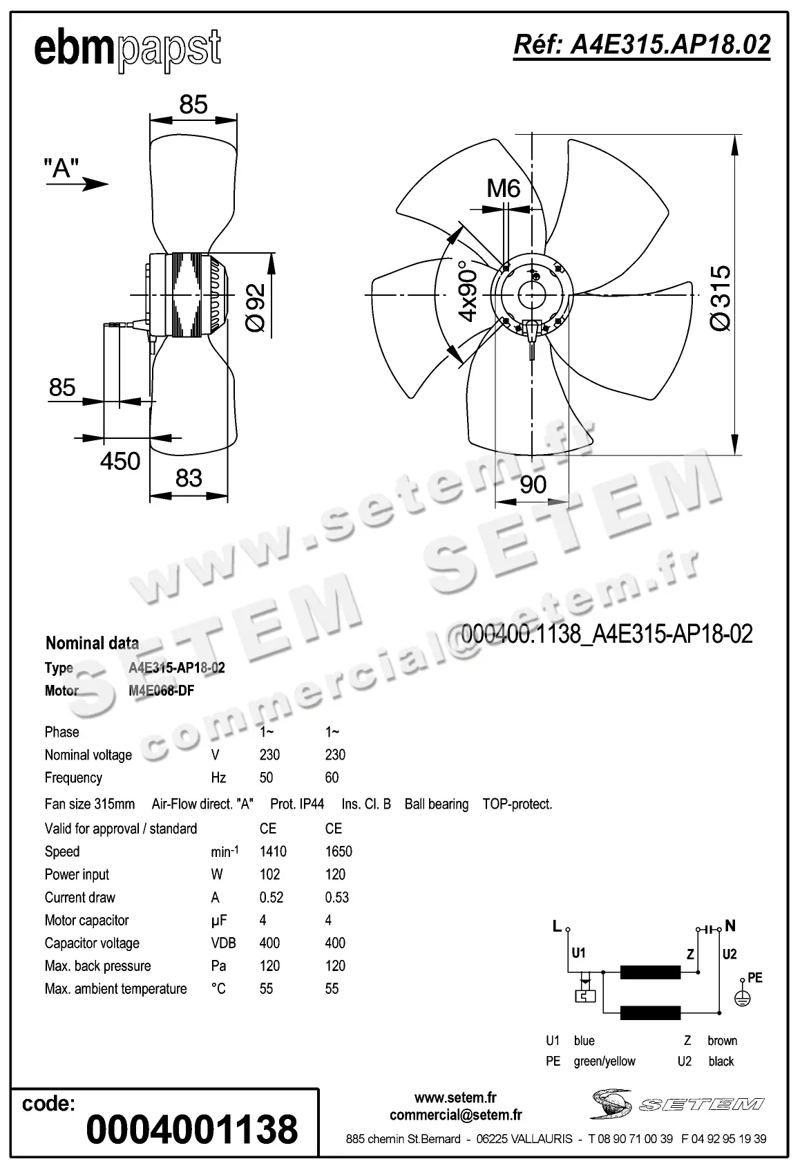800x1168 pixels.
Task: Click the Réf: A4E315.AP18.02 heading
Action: [642, 45]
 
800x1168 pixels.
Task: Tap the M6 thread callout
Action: [504, 188]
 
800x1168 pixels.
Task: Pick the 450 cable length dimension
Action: [120, 461]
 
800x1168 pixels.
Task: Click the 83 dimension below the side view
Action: [189, 478]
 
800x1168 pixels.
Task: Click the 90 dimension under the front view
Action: [533, 484]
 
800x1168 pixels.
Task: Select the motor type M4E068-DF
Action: [161, 690]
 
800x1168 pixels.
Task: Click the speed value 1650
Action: [339, 851]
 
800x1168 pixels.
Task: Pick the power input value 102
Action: [269, 874]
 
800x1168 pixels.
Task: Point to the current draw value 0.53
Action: [337, 897]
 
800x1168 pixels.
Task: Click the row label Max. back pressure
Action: [97, 966]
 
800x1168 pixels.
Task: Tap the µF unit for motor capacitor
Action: [218, 921]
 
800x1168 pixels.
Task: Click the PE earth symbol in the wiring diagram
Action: [742, 997]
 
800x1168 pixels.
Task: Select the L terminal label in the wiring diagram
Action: [557, 926]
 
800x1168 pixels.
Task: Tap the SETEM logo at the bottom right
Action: [677, 1104]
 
